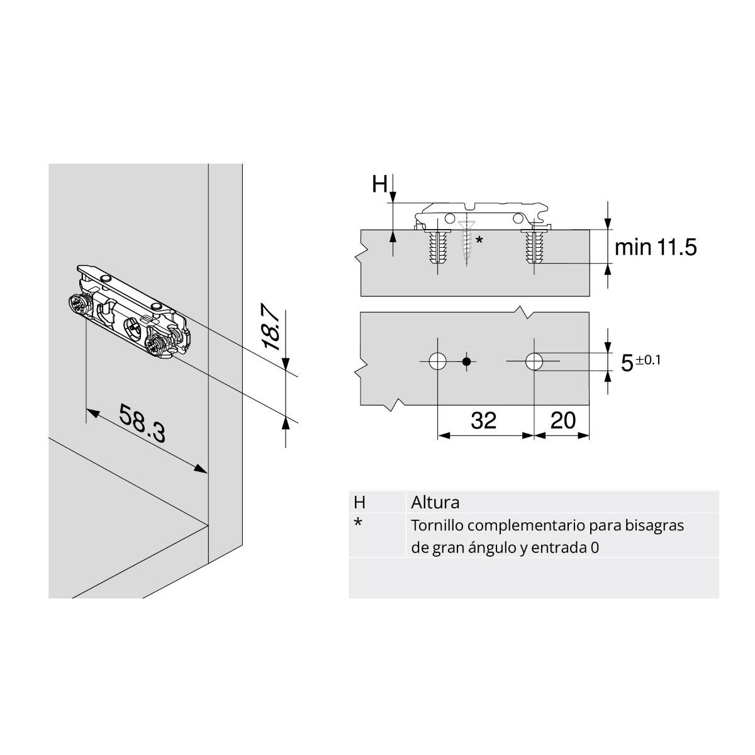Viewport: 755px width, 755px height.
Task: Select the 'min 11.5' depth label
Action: coord(655,247)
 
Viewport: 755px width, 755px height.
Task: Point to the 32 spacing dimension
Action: coord(483,420)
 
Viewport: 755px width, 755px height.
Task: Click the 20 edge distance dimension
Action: coord(562,420)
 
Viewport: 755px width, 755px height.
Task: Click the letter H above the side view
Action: coord(379,185)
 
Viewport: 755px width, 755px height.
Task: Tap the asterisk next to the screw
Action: coord(479,240)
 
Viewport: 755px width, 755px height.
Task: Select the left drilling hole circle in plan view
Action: coord(438,361)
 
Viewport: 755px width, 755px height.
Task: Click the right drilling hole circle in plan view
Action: coord(534,361)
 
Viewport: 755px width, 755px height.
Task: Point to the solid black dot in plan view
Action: coord(466,361)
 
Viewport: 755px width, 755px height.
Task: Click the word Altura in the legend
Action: coord(435,503)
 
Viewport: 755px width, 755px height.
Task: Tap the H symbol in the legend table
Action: coord(359,503)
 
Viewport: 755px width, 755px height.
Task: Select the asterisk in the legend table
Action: coord(358,523)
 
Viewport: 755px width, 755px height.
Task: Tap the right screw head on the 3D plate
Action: coord(155,344)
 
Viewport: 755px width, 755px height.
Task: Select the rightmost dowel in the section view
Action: coord(534,247)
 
